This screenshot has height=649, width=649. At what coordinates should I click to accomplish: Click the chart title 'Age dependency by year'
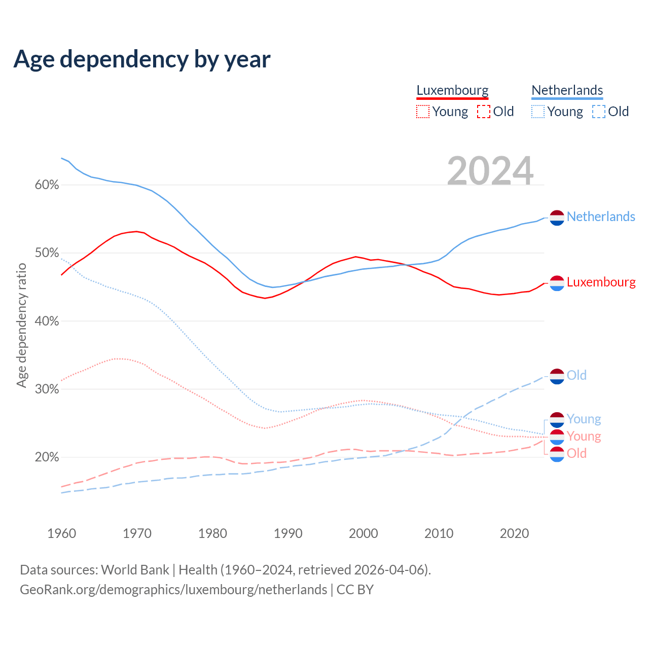coord(142,59)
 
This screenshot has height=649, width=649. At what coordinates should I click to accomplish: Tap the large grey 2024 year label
coord(490,171)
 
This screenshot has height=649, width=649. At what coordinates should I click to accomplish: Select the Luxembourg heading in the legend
coord(452,90)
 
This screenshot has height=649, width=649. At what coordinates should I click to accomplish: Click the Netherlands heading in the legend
coord(567,90)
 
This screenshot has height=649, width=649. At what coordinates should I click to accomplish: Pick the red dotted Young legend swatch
coord(422,112)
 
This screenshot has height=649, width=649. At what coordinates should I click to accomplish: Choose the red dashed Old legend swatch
coord(484,112)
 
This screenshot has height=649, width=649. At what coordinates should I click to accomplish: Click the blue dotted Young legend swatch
coord(537,112)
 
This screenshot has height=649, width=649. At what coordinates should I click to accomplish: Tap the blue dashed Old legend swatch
coord(599,112)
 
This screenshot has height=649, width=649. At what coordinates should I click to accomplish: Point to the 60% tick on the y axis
coord(47,185)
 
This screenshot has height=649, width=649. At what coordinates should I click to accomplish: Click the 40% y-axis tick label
coord(47,321)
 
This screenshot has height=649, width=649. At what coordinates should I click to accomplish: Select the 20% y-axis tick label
coord(47,457)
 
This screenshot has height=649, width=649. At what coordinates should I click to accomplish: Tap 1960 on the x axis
coord(61,533)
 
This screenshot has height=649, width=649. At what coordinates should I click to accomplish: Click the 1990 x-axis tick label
coord(288,533)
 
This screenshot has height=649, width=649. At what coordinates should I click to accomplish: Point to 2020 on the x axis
coord(514,533)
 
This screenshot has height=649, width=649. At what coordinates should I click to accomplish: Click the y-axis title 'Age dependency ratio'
coord(21,325)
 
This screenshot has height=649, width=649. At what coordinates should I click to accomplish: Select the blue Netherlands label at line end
coord(601,217)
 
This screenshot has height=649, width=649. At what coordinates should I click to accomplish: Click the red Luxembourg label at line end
coord(601,282)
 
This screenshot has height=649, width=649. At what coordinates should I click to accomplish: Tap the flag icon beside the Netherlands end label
coord(557,218)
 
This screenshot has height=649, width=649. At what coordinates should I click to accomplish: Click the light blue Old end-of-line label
coord(576,375)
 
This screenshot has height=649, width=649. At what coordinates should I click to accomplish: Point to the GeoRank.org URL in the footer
coord(173,590)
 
